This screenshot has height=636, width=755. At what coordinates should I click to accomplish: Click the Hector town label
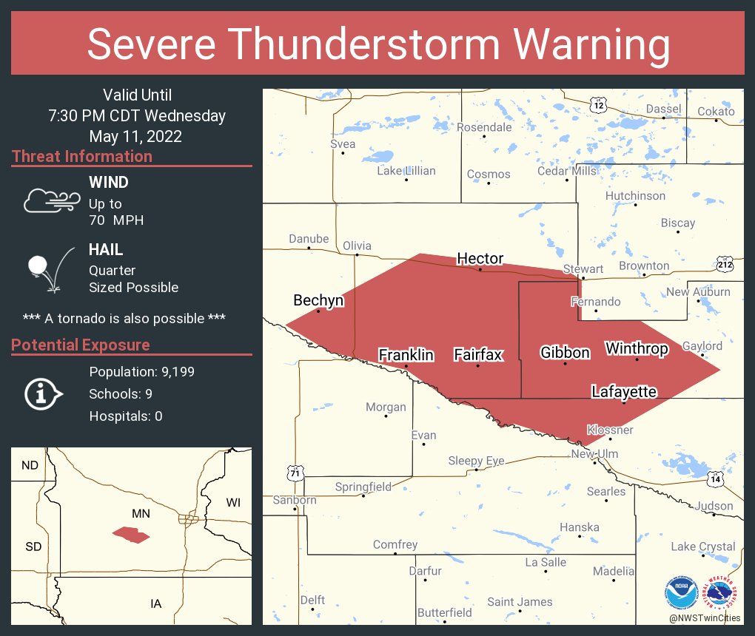click(480, 258)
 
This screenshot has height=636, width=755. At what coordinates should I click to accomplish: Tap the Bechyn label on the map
click(318, 300)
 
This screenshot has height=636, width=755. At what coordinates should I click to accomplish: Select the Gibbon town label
click(565, 352)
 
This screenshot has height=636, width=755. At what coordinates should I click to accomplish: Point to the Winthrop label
click(637, 348)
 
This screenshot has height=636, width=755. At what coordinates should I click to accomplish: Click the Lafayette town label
click(624, 391)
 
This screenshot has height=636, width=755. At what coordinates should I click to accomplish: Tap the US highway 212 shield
click(725, 264)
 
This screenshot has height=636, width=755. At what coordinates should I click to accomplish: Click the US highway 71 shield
click(295, 472)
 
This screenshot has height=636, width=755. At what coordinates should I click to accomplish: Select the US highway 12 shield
click(598, 104)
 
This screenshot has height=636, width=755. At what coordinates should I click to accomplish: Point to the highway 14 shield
click(715, 479)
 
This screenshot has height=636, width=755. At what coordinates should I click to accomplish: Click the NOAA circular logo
click(681, 592)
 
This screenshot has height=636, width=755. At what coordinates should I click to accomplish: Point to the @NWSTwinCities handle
click(704, 618)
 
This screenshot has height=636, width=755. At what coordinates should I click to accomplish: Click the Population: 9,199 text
click(141, 372)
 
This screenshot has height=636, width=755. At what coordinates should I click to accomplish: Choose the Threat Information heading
click(81, 157)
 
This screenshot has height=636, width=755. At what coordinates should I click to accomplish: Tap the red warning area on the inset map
click(131, 535)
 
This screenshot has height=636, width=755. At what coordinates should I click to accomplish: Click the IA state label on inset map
click(155, 604)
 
